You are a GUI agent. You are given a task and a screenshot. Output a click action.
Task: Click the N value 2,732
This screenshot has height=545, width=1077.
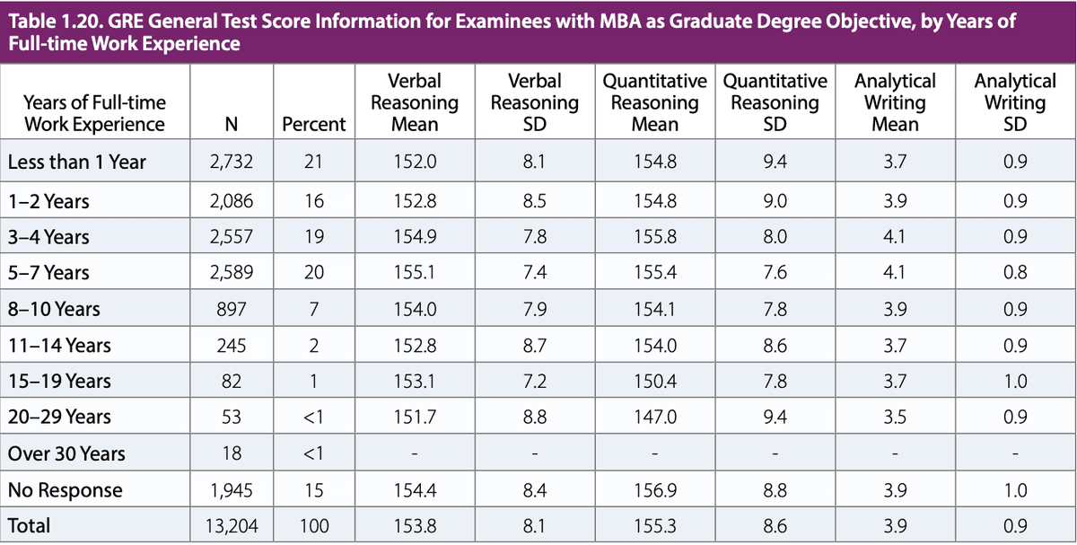coord(232,163)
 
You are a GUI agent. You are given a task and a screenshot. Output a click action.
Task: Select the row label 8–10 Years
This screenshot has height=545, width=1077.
coord(54,309)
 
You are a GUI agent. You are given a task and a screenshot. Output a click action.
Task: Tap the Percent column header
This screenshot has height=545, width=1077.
coord(313,124)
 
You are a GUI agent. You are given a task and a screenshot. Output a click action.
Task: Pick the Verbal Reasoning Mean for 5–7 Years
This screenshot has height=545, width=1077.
coord(414,272)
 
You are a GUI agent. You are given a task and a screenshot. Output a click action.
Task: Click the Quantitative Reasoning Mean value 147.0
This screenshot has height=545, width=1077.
coord(654,418)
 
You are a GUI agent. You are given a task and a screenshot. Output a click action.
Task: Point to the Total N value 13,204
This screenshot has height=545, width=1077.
coord(232,526)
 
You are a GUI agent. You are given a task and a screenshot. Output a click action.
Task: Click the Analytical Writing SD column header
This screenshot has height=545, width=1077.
coord(1015,102)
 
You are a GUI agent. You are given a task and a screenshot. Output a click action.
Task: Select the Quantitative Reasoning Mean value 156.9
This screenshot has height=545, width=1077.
coord(654,490)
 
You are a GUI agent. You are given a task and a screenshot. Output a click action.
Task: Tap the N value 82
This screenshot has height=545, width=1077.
coord(232,382)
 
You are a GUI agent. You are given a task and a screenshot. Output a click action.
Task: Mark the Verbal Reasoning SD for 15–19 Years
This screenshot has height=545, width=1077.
coord(534,382)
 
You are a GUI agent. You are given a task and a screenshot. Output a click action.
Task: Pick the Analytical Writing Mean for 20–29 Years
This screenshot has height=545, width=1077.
coord(895,418)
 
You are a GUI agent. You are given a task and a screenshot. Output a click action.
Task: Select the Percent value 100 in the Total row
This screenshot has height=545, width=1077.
coord(313,526)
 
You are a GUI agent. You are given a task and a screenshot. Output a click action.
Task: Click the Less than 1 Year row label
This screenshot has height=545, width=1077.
coord(76,163)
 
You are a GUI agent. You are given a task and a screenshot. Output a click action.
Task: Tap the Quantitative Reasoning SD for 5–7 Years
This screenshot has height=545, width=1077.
coord(774,272)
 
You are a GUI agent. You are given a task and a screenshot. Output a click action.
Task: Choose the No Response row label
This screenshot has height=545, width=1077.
coord(65,490)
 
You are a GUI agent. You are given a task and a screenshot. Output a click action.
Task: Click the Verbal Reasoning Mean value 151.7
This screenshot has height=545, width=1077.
coord(414,418)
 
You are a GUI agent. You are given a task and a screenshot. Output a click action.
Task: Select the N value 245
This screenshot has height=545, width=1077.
coord(232,345)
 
